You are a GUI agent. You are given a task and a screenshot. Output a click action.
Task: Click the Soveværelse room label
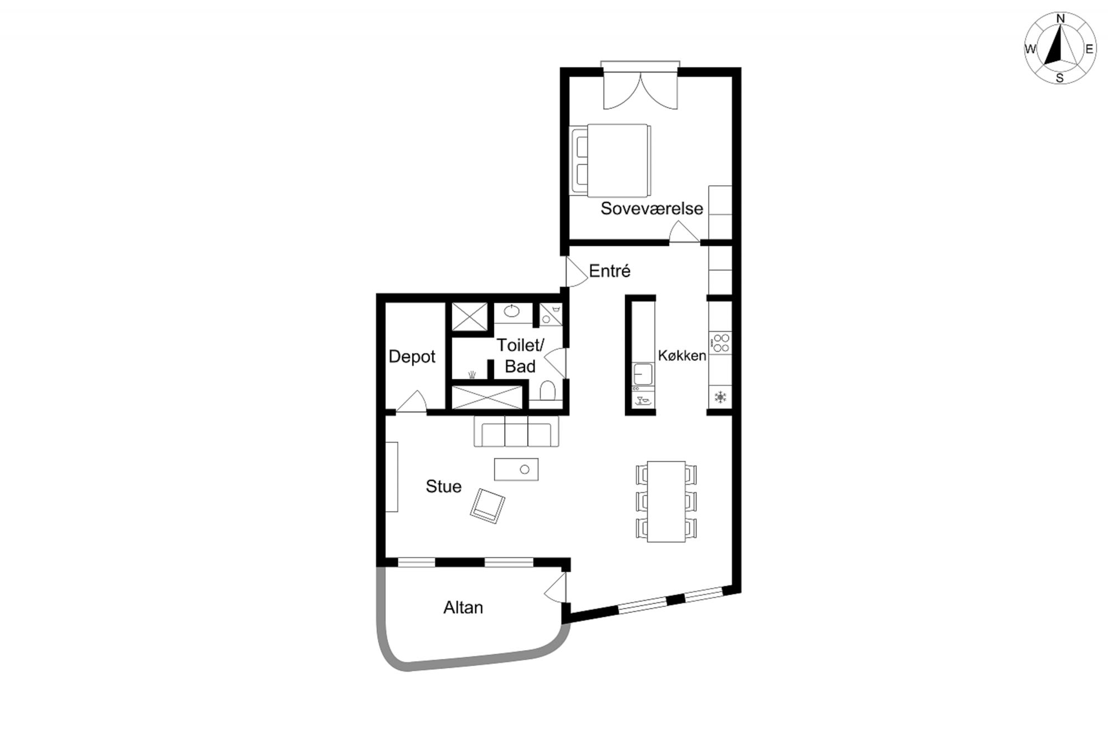coord(652,208)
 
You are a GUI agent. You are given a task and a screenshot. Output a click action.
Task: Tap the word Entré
coord(609,271)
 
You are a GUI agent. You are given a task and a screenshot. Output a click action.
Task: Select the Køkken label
coord(682,355)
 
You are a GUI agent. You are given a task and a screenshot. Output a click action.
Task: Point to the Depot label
coord(412,356)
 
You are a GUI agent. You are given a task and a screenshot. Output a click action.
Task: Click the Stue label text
coord(443,486)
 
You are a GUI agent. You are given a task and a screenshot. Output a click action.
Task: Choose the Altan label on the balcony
coord(463,608)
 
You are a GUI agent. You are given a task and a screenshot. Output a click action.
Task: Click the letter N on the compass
coord(1060,19)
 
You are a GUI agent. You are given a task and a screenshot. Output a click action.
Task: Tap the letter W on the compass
coord(1030,49)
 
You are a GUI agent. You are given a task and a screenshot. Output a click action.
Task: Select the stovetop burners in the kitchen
coord(720,343)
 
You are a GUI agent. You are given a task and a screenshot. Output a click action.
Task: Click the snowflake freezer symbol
coord(720,397)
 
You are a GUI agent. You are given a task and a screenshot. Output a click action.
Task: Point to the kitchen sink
coord(643,374)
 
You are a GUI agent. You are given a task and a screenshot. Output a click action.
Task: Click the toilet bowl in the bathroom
coord(547,390)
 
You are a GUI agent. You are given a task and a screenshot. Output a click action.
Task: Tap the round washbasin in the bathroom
coord(512,311)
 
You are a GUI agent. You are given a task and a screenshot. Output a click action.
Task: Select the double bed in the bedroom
coord(610,160)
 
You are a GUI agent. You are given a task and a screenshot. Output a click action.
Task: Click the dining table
coord(666,501)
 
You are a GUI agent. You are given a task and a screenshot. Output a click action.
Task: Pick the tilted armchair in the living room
coord(488,506)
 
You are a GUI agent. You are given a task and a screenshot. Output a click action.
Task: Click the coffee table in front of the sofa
coord(516,469)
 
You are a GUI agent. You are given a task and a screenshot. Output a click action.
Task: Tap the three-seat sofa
coord(516,431)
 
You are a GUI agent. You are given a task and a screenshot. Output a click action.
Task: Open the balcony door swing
coord(556,588)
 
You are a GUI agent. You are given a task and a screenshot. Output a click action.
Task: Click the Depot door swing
coord(411,401)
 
